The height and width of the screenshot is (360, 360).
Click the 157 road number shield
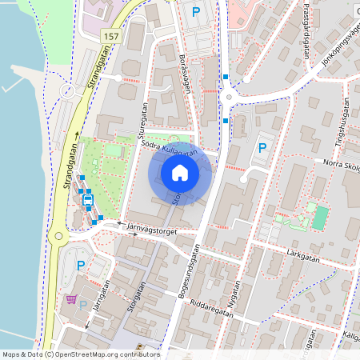click(110, 38)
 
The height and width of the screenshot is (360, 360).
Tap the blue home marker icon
click(180, 173)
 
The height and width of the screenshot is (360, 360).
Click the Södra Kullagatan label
click(168, 148)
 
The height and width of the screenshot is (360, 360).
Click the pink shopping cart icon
click(72, 300)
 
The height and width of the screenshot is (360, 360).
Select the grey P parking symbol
click(83, 306)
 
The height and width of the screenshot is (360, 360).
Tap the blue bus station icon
click(88, 199)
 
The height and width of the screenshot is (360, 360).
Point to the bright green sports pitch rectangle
click(320, 216)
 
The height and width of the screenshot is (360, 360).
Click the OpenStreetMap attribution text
click(80, 354)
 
